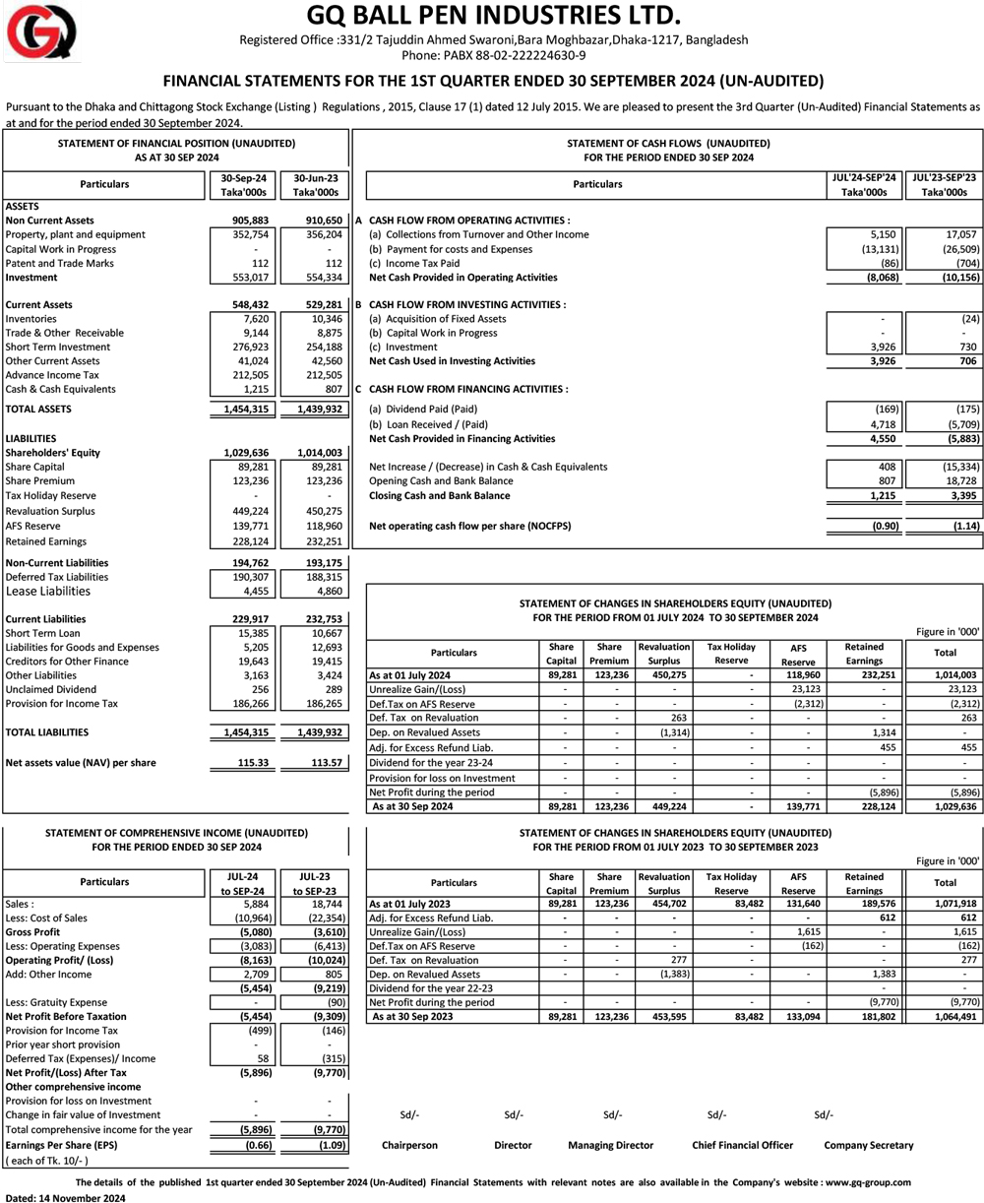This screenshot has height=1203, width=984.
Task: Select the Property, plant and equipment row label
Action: pyautogui.click(x=75, y=234)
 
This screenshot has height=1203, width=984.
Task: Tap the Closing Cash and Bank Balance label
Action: pyautogui.click(x=439, y=495)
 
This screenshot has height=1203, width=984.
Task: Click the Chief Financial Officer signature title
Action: pyautogui.click(x=743, y=1145)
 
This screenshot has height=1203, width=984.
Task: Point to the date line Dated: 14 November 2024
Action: pyautogui.click(x=66, y=1197)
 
